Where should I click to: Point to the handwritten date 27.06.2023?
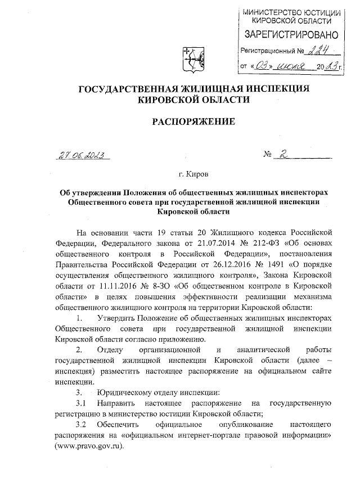83,155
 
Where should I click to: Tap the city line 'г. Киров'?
193,174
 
